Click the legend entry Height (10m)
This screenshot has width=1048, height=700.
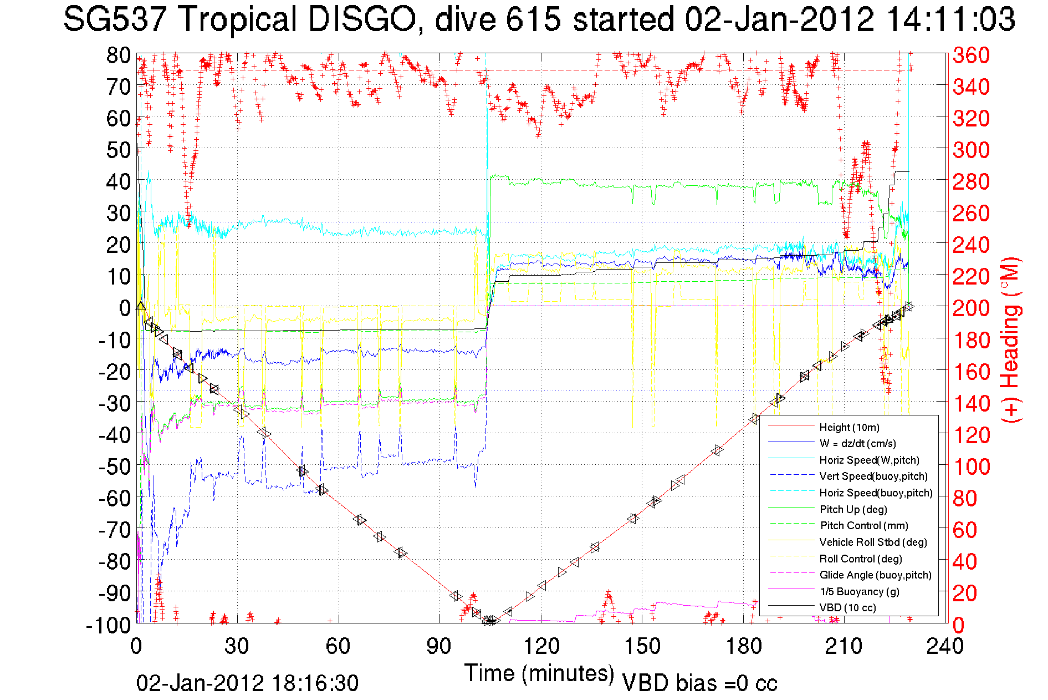(849, 427)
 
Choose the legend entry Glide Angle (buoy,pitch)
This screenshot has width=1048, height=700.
(875, 575)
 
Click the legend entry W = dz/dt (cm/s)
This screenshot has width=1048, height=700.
(857, 444)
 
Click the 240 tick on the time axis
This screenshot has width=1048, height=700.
(945, 646)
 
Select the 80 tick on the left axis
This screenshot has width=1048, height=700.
(118, 55)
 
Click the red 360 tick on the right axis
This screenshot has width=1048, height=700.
(971, 55)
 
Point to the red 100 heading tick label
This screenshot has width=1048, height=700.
(971, 466)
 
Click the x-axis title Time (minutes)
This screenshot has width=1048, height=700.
(539, 673)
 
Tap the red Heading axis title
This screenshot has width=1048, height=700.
(1010, 339)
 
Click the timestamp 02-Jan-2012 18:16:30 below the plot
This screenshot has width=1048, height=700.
(247, 683)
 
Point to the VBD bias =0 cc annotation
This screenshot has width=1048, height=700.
(699, 683)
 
